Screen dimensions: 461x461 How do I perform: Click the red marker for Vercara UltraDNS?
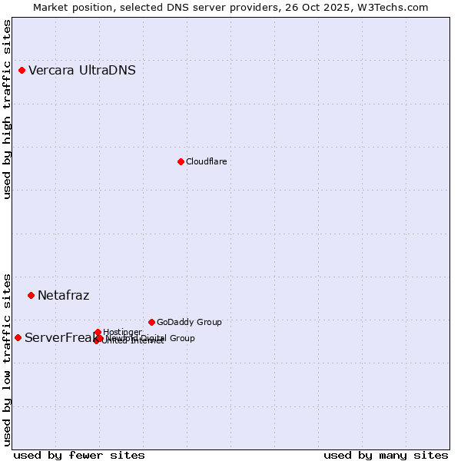click(x=22, y=71)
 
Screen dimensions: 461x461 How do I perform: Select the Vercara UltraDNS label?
click(x=82, y=71)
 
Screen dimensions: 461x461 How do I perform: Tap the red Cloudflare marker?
click(x=181, y=161)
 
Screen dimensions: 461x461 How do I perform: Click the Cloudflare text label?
click(x=206, y=161)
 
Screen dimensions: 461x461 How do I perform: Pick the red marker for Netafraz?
click(x=31, y=295)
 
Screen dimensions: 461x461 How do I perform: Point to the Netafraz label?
click(x=63, y=295)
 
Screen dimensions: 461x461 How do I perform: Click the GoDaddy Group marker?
click(x=151, y=322)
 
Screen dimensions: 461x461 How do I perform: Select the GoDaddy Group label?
click(x=189, y=322)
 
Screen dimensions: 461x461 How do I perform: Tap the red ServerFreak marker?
click(x=18, y=337)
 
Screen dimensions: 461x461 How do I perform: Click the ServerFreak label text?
click(x=58, y=337)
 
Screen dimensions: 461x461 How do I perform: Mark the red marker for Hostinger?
click(x=98, y=332)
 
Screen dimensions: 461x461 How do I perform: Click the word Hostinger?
click(x=122, y=332)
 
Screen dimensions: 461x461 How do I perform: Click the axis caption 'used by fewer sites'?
click(x=79, y=455)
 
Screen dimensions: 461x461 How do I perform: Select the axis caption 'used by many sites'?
click(x=386, y=455)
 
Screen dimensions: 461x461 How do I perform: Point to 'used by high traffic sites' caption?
click(x=8, y=109)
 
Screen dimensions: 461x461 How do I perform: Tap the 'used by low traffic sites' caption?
click(x=8, y=359)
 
